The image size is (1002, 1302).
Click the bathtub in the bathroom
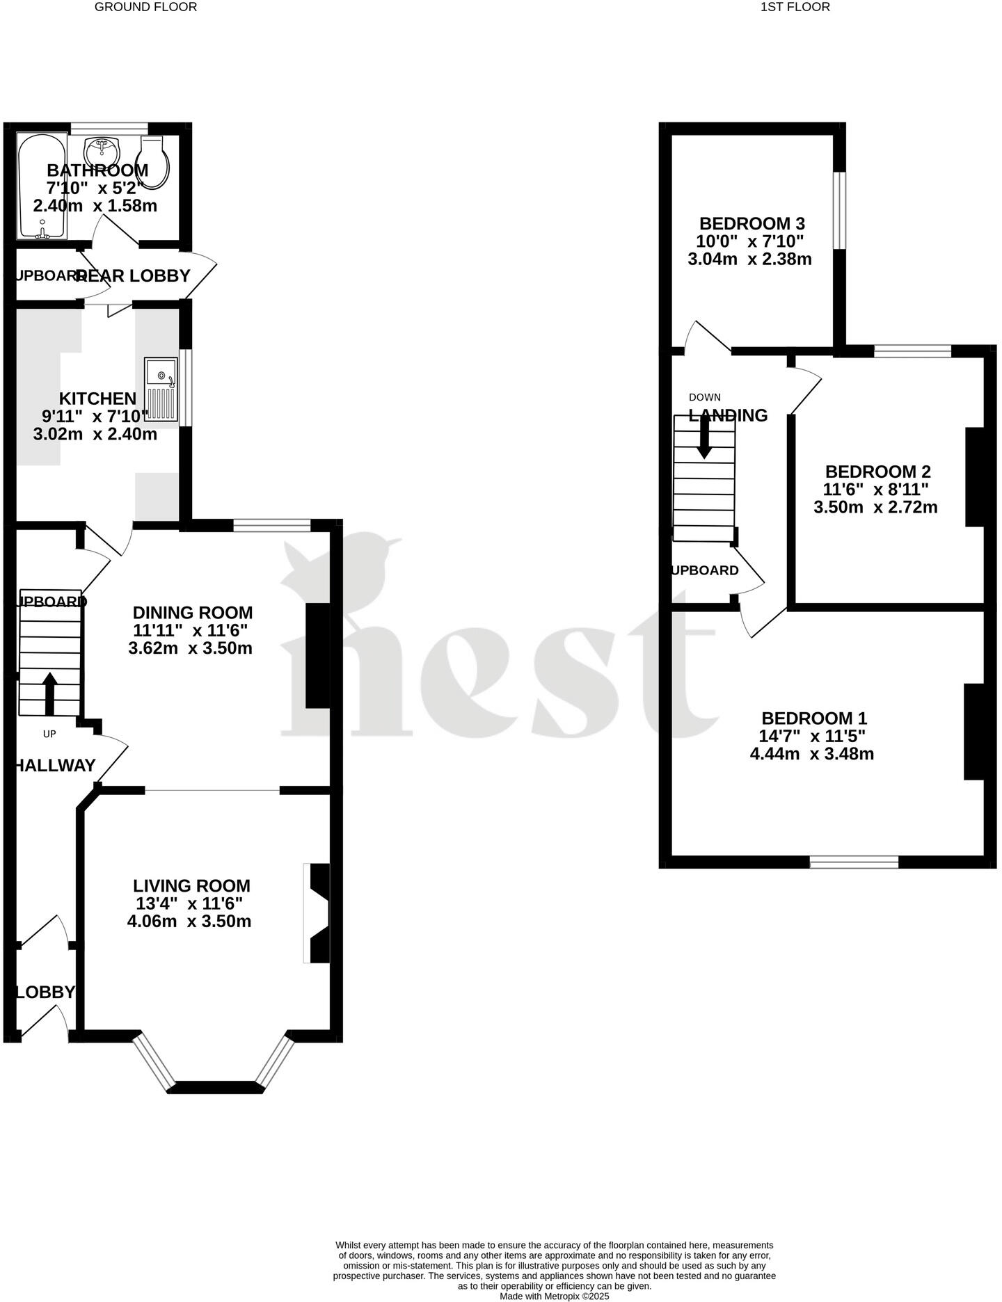[42, 186]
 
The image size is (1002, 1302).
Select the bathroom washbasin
[102, 150]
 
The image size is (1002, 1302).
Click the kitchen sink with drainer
[161, 389]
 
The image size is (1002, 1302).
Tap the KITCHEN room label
[97, 399]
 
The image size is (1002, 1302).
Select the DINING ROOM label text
[193, 613]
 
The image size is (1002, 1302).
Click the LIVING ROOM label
[191, 885]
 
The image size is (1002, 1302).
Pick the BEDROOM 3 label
[751, 224]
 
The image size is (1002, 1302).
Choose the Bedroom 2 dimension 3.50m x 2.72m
[875, 507]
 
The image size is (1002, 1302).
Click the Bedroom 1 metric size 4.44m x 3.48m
[811, 753]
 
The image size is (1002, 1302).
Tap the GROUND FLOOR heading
[145, 7]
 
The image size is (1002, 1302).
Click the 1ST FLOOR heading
[795, 7]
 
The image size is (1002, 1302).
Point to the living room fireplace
[317, 913]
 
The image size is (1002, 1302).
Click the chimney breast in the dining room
[317, 655]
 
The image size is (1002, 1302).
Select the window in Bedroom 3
[840, 210]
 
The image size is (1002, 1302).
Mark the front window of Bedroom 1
[854, 862]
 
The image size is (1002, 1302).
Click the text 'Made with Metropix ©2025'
[554, 1296]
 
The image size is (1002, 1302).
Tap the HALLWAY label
[55, 765]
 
